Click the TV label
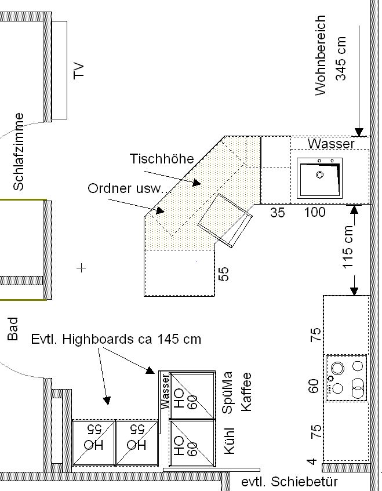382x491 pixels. (79, 71)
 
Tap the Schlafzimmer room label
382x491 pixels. (19, 152)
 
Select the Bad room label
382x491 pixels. (13, 329)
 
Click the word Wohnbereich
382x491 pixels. (321, 55)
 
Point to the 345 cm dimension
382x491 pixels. (341, 59)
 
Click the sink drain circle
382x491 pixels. (319, 174)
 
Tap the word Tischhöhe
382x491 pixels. (162, 159)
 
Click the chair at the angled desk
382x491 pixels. (225, 220)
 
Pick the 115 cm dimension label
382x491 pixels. (348, 247)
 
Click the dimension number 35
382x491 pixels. (278, 213)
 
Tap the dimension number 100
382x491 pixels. (315, 212)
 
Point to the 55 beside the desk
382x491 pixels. (223, 274)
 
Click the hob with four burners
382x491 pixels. (346, 378)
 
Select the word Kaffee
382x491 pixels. (246, 392)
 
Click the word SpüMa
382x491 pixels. (227, 392)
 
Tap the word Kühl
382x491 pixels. (229, 441)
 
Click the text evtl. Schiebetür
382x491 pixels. (290, 482)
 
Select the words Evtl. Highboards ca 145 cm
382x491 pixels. (116, 339)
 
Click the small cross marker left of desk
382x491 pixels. (81, 268)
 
